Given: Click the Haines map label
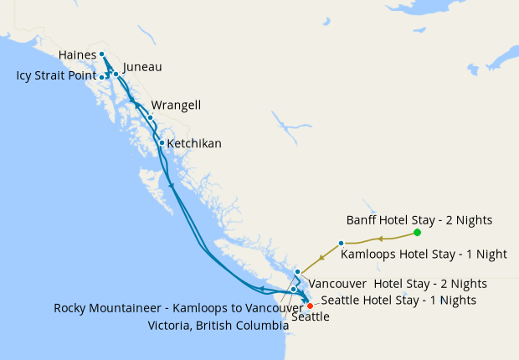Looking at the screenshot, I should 77,55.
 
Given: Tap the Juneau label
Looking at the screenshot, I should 142,67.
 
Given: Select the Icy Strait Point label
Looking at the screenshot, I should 56,76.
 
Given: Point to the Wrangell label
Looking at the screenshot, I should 176,105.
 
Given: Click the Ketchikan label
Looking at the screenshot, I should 194,144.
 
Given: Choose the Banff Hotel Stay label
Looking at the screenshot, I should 419,220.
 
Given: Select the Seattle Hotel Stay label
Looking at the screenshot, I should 398,300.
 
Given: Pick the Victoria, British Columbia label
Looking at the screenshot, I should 218,325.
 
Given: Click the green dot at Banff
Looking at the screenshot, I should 417,233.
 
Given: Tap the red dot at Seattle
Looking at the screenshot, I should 310,306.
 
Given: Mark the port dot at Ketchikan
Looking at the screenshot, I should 162,142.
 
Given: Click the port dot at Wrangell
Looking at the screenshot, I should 150,117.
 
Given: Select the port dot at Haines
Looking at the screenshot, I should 101,54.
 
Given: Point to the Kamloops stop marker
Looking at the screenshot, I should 341,243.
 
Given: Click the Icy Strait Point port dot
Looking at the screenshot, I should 102,77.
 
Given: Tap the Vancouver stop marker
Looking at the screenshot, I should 297,272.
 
